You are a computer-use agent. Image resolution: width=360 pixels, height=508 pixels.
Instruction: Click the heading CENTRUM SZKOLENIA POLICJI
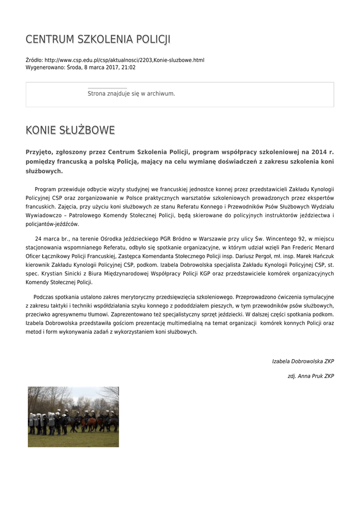coord(98,39)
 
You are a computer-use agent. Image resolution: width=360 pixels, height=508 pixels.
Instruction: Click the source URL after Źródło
coord(124,60)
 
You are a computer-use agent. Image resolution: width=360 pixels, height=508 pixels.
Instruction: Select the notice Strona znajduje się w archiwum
coord(131,93)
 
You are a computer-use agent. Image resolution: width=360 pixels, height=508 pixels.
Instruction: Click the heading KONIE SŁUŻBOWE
coord(70,130)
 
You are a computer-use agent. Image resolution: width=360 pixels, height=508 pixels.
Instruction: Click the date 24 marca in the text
coord(46,239)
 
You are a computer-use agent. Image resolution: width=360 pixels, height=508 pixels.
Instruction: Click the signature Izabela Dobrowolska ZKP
coord(303,361)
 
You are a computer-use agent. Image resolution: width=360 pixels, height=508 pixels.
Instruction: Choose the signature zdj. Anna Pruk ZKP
coord(311,376)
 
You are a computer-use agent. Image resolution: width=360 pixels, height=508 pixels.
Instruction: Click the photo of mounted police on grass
coord(73,417)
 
